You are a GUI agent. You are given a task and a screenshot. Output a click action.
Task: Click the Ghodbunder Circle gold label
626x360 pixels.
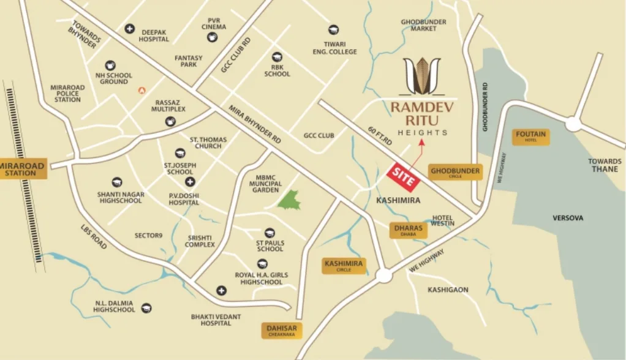pyautogui.click(x=454, y=173)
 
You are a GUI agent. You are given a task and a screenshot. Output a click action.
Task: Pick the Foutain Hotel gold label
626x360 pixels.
pyautogui.click(x=530, y=137)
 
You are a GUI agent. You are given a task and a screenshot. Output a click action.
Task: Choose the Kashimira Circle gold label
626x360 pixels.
pyautogui.click(x=344, y=266)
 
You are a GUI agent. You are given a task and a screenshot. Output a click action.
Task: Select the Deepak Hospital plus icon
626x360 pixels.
pyautogui.click(x=129, y=28)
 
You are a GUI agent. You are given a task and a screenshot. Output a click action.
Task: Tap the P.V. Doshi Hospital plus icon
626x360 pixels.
pyautogui.click(x=190, y=182)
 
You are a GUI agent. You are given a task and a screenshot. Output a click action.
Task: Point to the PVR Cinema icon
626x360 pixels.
pyautogui.click(x=213, y=38)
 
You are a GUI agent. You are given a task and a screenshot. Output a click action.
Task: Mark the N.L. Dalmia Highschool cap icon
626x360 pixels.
pyautogui.click(x=146, y=308)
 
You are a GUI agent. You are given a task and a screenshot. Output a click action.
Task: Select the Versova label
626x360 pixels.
pyautogui.click(x=568, y=218)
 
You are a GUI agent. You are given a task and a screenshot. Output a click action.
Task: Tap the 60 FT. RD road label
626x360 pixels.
pyautogui.click(x=380, y=136)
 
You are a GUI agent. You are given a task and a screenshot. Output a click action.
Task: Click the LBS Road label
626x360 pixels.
pyautogui.click(x=93, y=236)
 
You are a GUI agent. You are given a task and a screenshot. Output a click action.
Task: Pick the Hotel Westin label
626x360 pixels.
pyautogui.click(x=443, y=220)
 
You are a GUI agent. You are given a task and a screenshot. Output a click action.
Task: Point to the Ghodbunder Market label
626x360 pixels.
pyautogui.click(x=423, y=25)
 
